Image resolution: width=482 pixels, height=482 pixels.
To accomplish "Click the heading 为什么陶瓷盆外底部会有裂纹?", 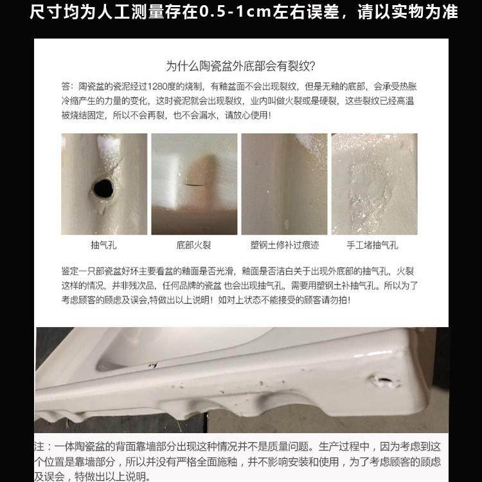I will point(240,66).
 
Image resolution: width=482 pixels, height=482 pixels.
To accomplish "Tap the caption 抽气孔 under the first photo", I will point(103,245).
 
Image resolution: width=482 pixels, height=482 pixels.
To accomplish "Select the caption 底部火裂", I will point(193,245).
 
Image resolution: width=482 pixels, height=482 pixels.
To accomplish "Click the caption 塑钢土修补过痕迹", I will point(284,245).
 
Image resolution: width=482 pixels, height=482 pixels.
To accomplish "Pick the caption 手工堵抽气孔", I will point(373,245).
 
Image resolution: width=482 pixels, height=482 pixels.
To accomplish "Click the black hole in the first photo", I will point(103,188).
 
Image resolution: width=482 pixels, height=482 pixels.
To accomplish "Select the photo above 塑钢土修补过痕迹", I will point(284,184).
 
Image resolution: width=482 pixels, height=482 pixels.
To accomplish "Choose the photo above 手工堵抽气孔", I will point(374,184).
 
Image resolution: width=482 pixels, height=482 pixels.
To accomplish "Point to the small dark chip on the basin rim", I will point(153,366).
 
